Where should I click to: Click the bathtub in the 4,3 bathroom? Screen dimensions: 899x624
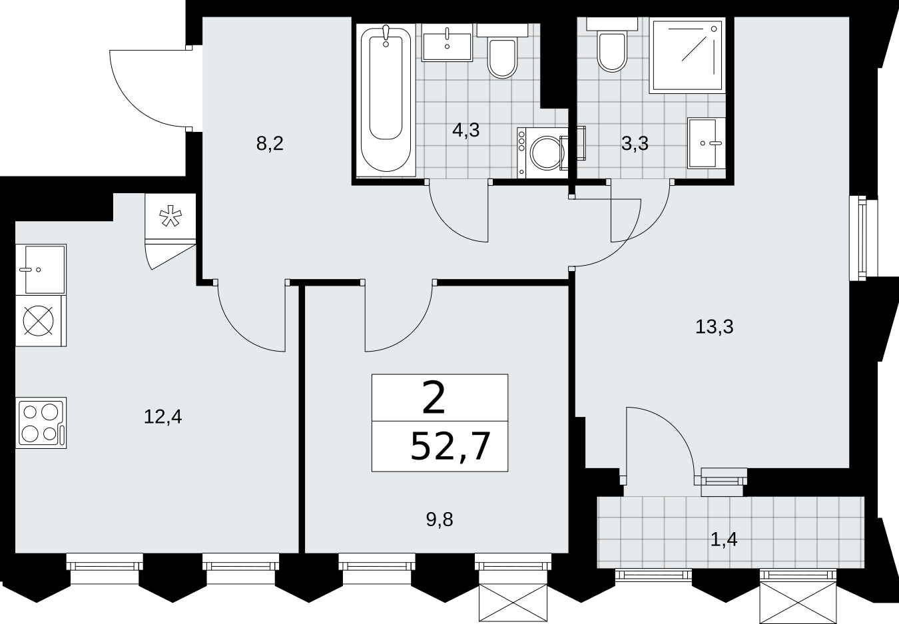(x=386, y=101)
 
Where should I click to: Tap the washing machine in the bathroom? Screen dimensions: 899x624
(x=543, y=153)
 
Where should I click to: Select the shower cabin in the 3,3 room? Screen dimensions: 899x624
(x=687, y=55)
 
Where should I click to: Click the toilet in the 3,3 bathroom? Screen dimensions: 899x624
(x=612, y=45)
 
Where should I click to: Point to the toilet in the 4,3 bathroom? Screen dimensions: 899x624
(x=502, y=51)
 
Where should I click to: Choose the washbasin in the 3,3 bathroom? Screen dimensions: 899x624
(x=707, y=143)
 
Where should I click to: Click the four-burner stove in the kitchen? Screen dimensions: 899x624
(x=41, y=423)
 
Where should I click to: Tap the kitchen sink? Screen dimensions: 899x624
(x=41, y=270)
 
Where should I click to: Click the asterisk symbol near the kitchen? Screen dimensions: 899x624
(x=170, y=216)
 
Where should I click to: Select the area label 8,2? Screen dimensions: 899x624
(x=270, y=144)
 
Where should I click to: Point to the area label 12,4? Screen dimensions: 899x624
(x=162, y=417)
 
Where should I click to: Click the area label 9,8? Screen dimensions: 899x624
(x=440, y=519)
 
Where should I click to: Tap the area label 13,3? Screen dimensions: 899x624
(x=715, y=326)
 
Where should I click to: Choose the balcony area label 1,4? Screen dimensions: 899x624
(x=724, y=539)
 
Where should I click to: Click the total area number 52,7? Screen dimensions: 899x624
(x=451, y=447)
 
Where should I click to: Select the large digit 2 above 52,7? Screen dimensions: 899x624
(x=434, y=398)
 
